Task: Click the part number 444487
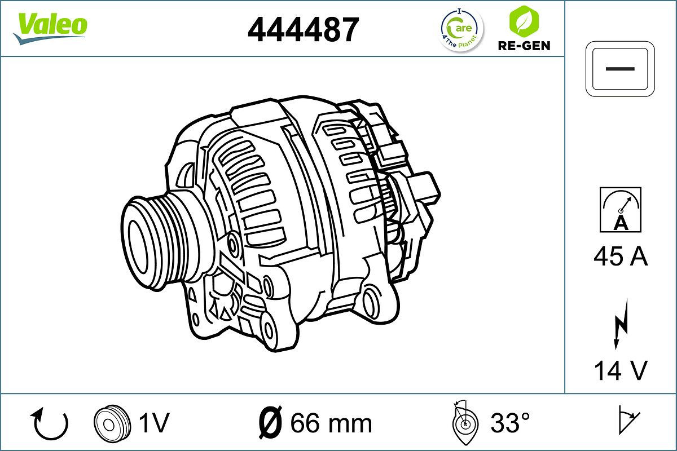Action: coord(303,30)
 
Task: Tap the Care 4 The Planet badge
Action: coord(461,30)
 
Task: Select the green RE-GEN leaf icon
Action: coord(523,21)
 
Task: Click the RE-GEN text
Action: coord(524,46)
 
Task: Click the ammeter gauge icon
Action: coord(620,209)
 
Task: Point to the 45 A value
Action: coord(620,257)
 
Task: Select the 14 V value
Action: coord(620,370)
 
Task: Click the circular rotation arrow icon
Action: coord(51,424)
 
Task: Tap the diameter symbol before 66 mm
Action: coord(270,423)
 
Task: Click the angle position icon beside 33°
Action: coord(465,423)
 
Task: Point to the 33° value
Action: coord(510,423)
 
